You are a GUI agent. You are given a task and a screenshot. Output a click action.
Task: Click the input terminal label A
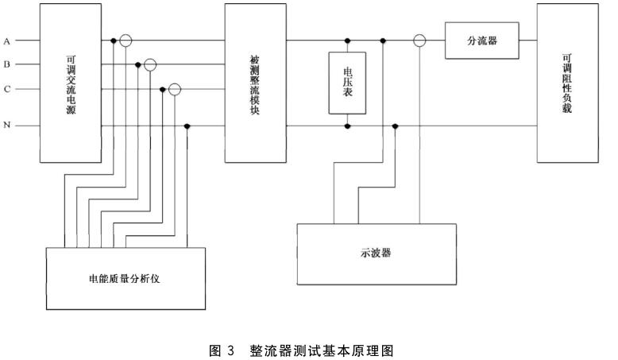click(6, 40)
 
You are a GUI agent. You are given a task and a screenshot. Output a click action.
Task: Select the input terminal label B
click(6, 64)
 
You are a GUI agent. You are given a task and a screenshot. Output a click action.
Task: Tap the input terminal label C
click(6, 90)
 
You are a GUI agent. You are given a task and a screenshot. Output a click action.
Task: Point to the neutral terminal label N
click(6, 126)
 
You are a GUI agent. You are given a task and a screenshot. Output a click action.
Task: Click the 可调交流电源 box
click(71, 83)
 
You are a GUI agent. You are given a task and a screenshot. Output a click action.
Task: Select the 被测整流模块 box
click(255, 83)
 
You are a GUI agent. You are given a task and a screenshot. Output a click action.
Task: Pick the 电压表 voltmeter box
click(347, 83)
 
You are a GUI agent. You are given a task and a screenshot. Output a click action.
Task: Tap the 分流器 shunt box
click(482, 40)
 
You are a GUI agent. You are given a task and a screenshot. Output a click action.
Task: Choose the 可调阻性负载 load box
click(566, 83)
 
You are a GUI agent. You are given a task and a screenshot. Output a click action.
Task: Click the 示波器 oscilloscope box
click(377, 254)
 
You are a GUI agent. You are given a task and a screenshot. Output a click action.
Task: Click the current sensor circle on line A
click(126, 40)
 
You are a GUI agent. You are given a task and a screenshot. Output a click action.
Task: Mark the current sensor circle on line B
click(150, 64)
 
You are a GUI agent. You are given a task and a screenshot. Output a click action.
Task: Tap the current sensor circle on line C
click(175, 90)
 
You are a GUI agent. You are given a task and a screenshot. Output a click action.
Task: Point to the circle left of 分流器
click(419, 40)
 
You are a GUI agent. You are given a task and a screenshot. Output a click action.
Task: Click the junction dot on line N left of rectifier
click(187, 126)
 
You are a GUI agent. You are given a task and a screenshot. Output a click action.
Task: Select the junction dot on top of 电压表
click(347, 40)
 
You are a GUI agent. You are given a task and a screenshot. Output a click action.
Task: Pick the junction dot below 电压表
click(347, 126)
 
